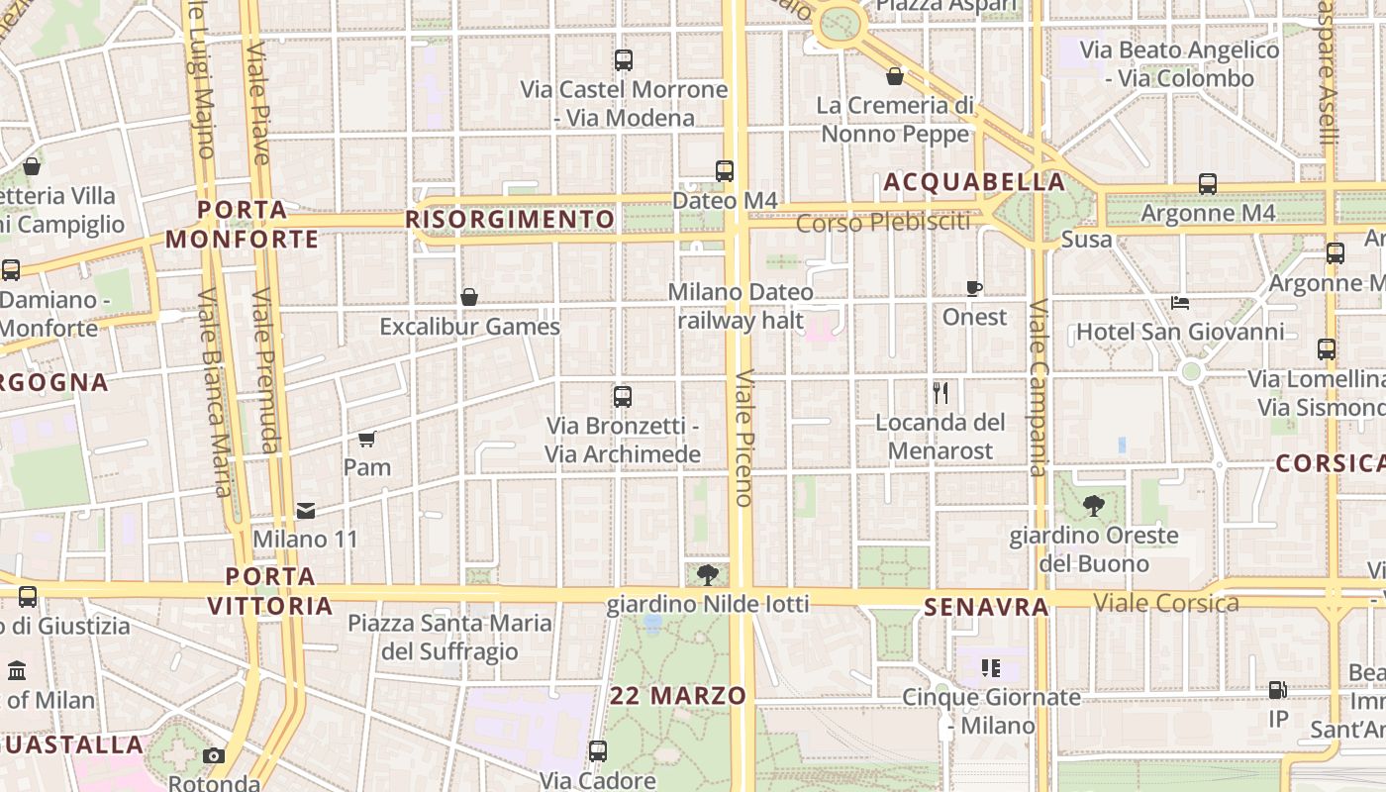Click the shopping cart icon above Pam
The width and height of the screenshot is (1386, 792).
pos(367,439)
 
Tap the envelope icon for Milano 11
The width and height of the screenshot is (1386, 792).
pos(306,511)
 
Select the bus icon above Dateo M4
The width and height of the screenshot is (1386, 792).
pos(725,171)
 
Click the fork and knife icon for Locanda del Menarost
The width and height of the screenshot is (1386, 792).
pos(940,393)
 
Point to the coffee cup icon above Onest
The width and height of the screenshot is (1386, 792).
pos(974,288)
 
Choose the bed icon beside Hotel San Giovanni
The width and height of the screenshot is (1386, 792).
pos(1179,303)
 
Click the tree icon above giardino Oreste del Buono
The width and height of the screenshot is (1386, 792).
pos(1093,506)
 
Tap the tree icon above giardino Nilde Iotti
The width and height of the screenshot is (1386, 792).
pos(707,574)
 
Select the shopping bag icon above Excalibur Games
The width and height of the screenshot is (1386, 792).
pos(469,297)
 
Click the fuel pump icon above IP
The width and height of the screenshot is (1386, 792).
pos(1278,689)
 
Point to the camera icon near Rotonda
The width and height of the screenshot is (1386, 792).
pos(213,756)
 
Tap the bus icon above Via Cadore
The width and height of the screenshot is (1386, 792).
pos(597,751)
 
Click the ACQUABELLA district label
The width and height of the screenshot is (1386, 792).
pos(974,182)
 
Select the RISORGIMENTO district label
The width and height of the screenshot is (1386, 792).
pos(511,219)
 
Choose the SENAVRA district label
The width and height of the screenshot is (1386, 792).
pos(986,607)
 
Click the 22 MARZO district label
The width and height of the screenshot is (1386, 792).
pos(678,695)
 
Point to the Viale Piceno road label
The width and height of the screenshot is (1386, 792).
pos(744,438)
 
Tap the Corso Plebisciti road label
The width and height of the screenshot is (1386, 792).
pos(883,223)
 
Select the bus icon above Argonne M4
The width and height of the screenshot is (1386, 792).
pos(1208,184)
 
